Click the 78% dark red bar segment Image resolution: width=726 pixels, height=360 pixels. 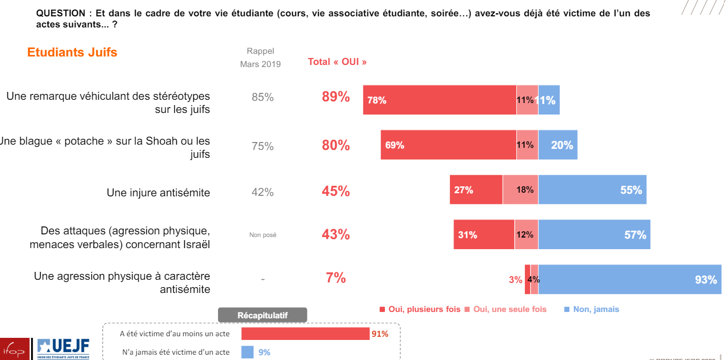(439, 100)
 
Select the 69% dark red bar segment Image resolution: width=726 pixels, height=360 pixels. (448, 145)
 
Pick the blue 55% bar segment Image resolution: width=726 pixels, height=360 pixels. (592, 190)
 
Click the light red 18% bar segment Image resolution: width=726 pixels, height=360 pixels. (520, 190)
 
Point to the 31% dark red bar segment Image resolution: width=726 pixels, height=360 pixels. (484, 234)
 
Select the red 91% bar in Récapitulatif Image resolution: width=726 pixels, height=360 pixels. (305, 334)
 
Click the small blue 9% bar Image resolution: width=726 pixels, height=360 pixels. (247, 352)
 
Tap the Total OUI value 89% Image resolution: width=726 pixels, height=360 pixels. (336, 97)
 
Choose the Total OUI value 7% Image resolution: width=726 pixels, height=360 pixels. (336, 278)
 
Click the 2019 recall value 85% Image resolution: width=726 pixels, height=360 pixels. (262, 97)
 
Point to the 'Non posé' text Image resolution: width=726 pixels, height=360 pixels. (262, 235)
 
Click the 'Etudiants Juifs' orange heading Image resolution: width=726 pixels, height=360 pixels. (72, 52)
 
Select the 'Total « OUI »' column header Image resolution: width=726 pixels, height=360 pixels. (337, 62)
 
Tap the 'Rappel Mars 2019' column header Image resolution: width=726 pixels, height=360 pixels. (260, 58)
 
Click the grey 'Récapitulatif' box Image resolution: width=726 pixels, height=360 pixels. (262, 315)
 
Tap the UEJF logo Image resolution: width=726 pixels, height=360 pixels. (63, 348)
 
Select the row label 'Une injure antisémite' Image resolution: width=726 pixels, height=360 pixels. (158, 193)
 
